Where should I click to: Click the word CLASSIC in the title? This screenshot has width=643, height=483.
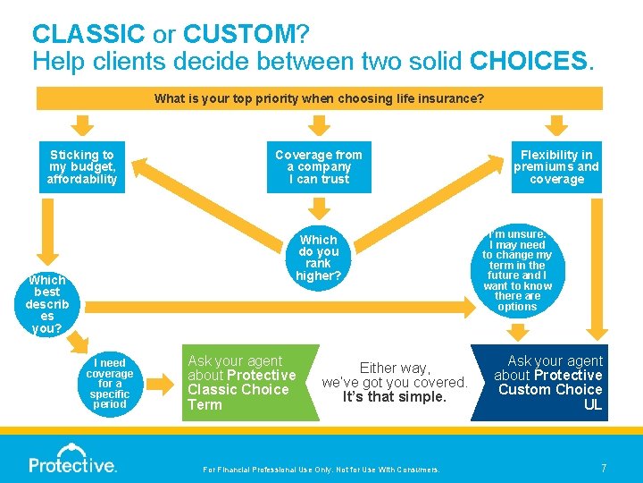[x=88, y=35]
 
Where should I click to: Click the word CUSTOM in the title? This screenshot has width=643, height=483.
[x=238, y=35]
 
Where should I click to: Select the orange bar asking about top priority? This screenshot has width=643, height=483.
[x=319, y=97]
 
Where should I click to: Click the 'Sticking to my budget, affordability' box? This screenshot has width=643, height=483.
[x=82, y=167]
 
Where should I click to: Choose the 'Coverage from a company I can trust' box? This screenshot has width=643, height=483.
[x=319, y=167]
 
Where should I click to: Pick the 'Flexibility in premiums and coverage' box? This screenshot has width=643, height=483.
[x=556, y=167]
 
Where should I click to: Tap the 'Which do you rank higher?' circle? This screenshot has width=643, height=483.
[x=319, y=258]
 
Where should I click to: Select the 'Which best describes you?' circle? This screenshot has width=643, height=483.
[x=46, y=304]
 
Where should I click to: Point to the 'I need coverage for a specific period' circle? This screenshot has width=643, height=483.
[x=110, y=383]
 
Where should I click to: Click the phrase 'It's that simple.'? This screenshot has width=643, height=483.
[x=394, y=396]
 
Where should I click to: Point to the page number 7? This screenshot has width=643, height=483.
[x=604, y=468]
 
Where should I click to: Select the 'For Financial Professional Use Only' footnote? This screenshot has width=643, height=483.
[x=321, y=470]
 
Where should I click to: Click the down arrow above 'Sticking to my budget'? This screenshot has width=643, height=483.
[x=82, y=124]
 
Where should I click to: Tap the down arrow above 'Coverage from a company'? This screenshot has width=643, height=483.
[x=319, y=124]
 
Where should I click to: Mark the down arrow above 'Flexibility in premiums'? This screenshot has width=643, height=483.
[x=557, y=124]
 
